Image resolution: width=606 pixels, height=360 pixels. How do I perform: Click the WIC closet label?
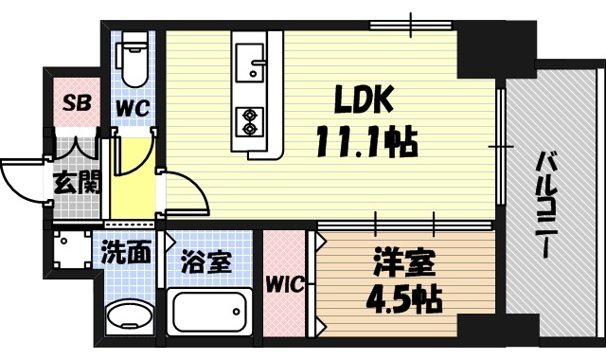(x=284, y=284)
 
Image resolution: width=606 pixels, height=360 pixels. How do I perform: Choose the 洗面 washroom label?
(x=127, y=253)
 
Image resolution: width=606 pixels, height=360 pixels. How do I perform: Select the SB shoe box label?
(x=76, y=103)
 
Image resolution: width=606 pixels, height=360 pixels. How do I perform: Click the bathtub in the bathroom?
(x=208, y=314)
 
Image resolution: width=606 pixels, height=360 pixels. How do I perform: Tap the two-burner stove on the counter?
(x=251, y=119)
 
